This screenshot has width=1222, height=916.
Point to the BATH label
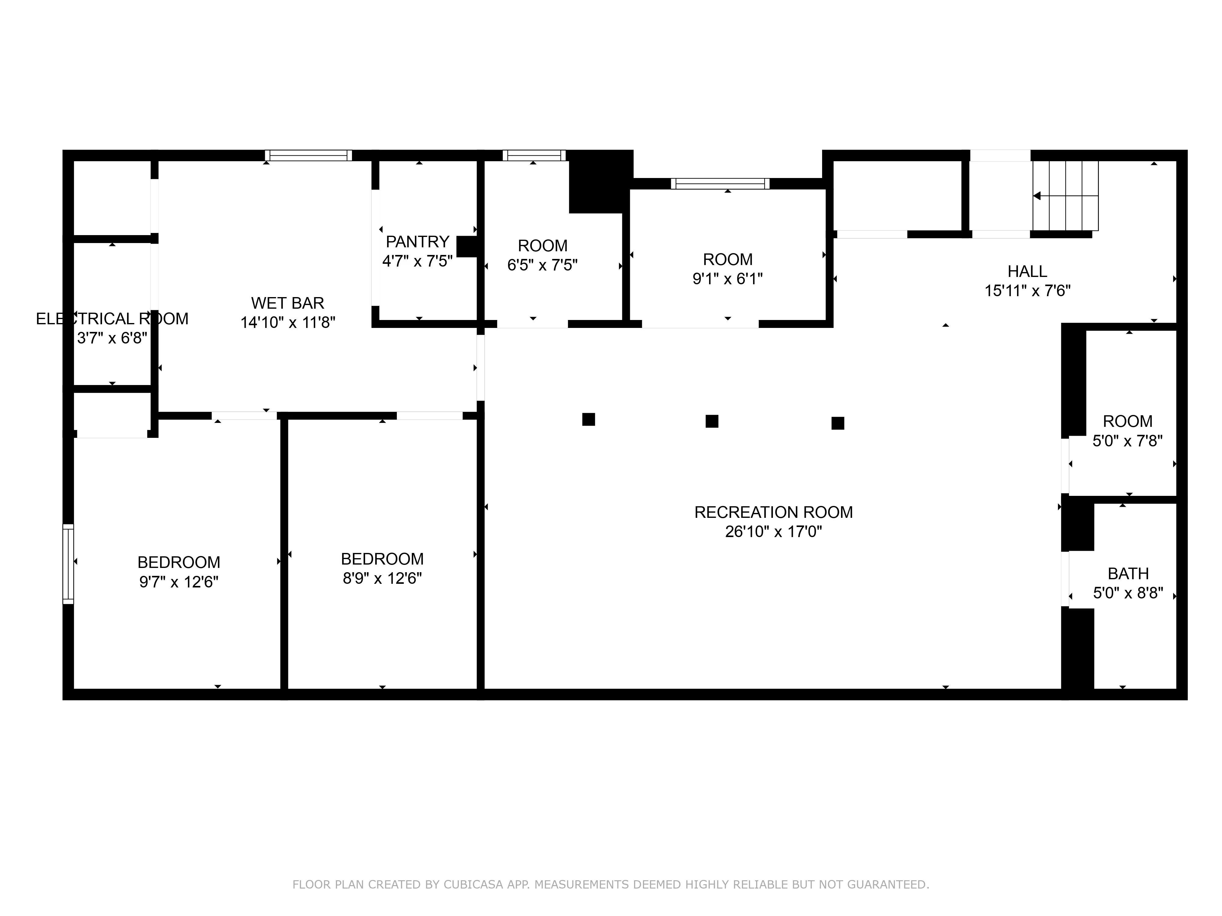(1128, 574)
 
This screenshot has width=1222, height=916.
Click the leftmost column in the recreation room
(588, 420)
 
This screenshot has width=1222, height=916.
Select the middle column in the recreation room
(712, 421)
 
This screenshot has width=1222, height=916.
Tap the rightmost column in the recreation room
(837, 423)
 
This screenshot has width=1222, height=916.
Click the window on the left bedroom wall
(68, 564)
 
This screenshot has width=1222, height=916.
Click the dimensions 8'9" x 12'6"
(382, 579)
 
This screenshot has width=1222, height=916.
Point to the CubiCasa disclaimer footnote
(610, 885)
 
